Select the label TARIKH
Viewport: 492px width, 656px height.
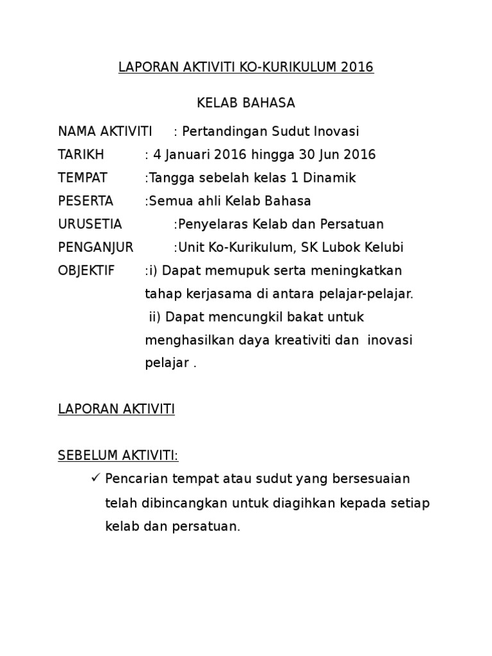point(81,154)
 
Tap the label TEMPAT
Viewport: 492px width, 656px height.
point(83,177)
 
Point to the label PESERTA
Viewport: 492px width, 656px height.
point(85,201)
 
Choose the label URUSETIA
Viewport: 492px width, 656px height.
point(90,224)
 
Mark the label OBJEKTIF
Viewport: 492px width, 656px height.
point(86,270)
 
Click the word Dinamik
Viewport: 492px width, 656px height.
point(331,177)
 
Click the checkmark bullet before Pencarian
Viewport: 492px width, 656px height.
point(94,478)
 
